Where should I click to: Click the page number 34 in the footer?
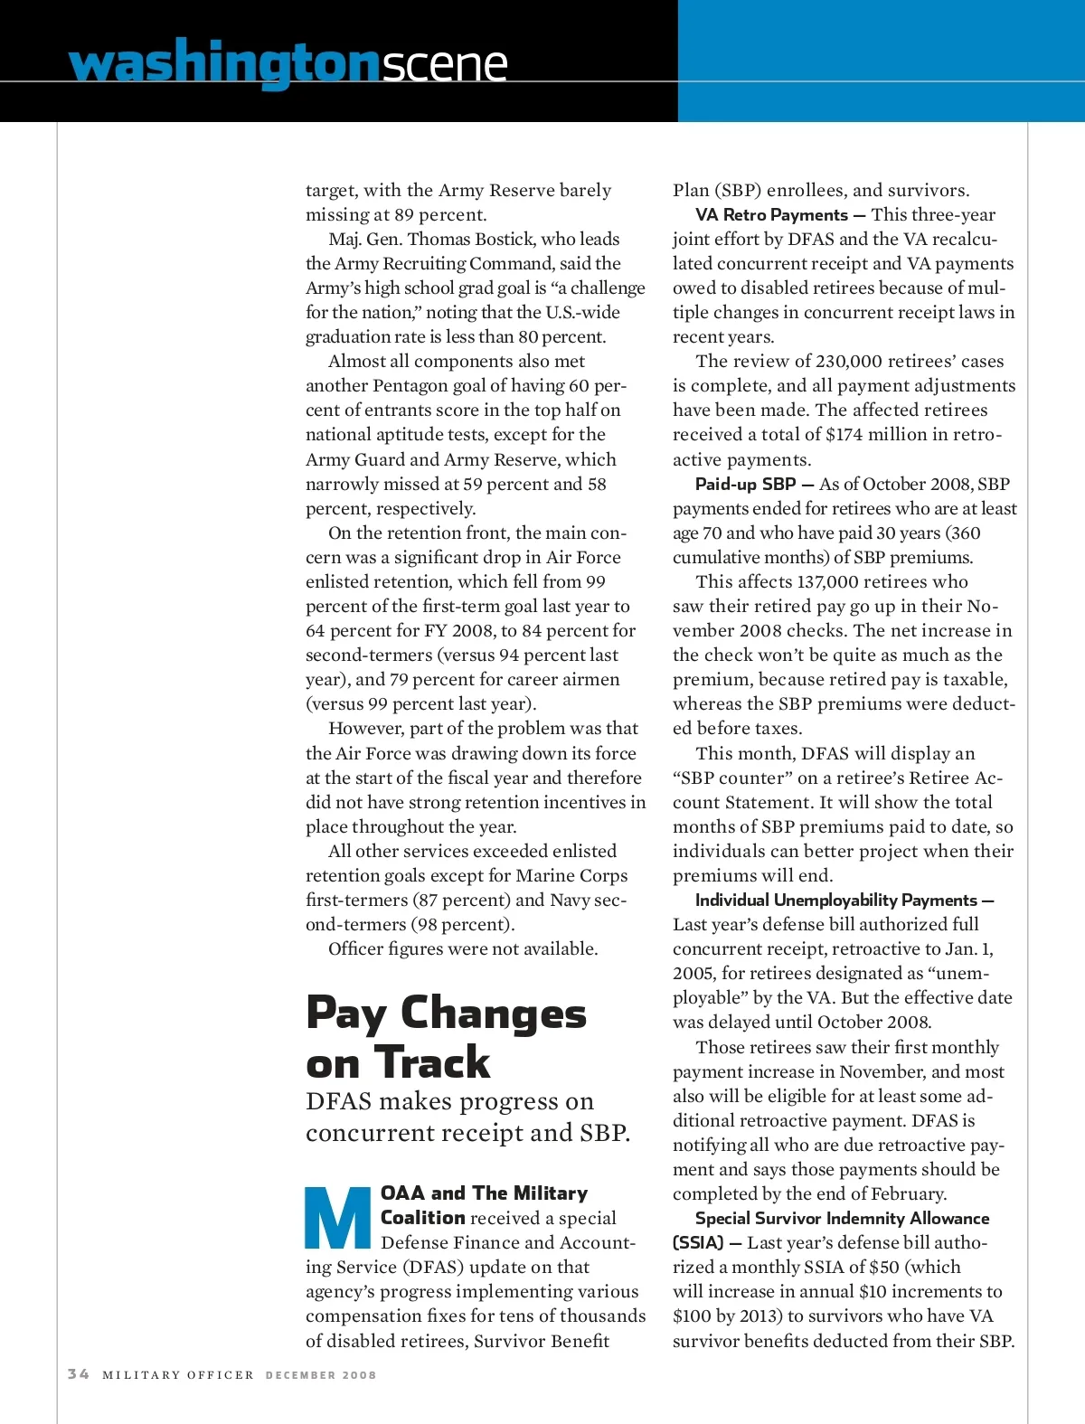click(x=79, y=1373)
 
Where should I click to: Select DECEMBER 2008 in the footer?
click(x=321, y=1375)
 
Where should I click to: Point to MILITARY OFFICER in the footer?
click(x=178, y=1375)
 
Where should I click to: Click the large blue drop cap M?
click(x=338, y=1218)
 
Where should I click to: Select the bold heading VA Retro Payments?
click(x=771, y=215)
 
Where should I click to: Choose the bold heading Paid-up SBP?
click(x=745, y=485)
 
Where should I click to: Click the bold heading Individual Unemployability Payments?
click(x=836, y=901)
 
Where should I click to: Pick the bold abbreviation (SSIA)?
click(x=698, y=1243)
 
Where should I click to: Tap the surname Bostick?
click(x=499, y=240)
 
